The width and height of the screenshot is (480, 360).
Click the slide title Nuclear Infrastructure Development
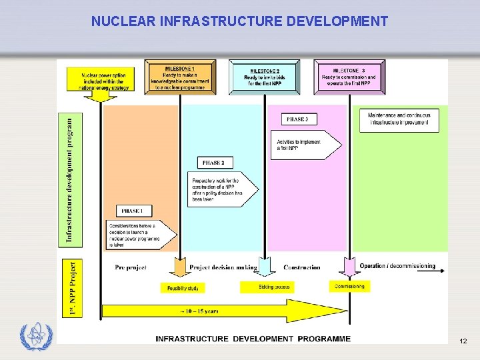(x=239, y=21)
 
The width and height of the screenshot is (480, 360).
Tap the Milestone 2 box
(x=265, y=77)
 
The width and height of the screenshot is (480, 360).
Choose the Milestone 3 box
(x=349, y=77)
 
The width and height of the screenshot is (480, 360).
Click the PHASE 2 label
(x=213, y=163)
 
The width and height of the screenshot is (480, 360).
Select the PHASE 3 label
(x=297, y=119)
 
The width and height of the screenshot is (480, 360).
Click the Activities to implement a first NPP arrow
(x=305, y=145)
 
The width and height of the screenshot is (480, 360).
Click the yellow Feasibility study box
(x=182, y=287)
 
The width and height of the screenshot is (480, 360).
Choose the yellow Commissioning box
(x=349, y=286)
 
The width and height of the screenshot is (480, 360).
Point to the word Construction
(x=301, y=267)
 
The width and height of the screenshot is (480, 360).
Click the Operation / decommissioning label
(x=397, y=267)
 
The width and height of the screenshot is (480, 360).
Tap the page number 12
(x=463, y=341)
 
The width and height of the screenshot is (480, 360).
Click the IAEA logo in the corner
(x=35, y=337)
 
